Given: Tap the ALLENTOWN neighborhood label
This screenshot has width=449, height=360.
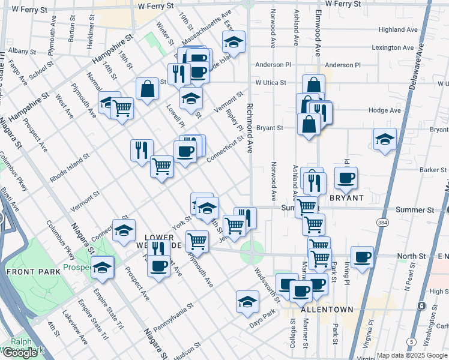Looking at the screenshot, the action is coord(327,309).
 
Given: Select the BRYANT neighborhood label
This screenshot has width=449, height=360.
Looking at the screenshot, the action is coord(346,197).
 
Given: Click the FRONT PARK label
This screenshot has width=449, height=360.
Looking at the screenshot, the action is coord(34,272).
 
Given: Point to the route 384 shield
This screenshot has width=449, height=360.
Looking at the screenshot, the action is coord(382,222).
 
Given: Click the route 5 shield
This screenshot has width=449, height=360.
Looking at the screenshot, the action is coord(411,342).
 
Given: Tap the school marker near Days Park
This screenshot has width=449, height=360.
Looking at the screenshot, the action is coord(247,302).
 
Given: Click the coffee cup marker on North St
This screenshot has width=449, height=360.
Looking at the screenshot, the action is coord(361,257).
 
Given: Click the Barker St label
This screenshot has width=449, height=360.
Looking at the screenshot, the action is coord(430,170).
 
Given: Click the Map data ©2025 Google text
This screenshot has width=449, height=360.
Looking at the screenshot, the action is coord(411,355).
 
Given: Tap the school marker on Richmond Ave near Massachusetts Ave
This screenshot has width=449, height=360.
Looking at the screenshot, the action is coord(234,42).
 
